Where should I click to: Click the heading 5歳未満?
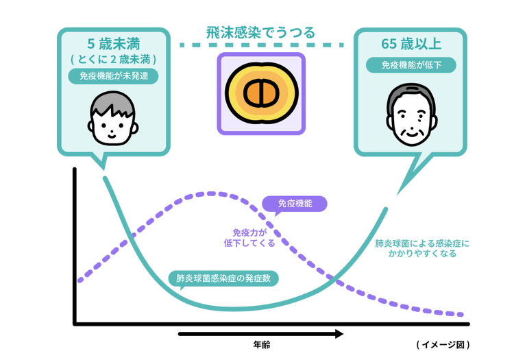tap(114, 45)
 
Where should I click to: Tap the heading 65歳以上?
tap(410, 45)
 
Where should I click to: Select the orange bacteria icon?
tap(261, 93)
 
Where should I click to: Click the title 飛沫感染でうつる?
tap(262, 32)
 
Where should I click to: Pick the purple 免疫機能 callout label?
tap(295, 204)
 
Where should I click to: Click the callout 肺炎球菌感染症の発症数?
tap(223, 279)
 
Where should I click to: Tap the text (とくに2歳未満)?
tap(114, 60)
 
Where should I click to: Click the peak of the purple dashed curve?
tap(206, 193)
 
